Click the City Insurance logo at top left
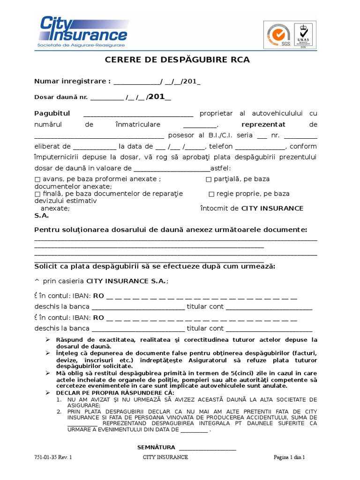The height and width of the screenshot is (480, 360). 82,31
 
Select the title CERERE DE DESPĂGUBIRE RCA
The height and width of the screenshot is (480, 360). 177,60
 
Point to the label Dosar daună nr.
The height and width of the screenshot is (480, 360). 61,97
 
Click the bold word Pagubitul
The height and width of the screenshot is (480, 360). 52,113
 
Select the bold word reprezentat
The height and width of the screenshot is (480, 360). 263,125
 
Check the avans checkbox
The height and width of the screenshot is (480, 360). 37,179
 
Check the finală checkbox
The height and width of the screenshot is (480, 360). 37,194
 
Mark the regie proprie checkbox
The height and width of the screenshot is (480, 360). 211,194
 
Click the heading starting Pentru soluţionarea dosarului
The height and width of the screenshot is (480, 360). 171,230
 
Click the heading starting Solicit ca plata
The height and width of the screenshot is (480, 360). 155,266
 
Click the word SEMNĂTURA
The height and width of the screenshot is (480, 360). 156,447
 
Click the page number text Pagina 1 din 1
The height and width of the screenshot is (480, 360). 289,457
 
